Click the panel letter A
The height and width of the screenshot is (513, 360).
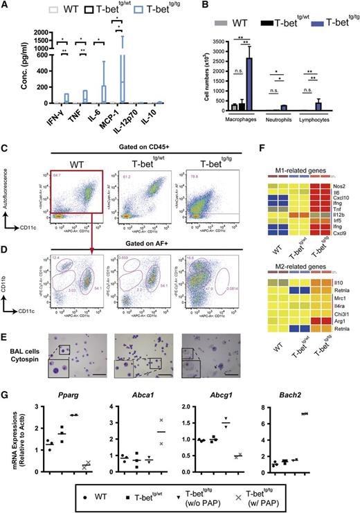click(x=6, y=6)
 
